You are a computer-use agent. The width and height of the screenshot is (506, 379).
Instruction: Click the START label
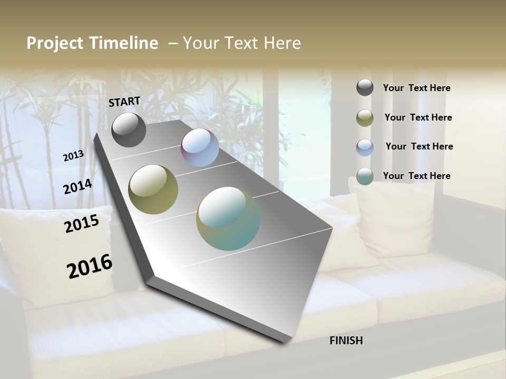[x=124, y=102]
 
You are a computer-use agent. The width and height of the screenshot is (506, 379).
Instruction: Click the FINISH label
[x=346, y=341]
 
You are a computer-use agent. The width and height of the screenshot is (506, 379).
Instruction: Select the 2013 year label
[x=73, y=156]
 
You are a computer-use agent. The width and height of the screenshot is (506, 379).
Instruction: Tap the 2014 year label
[x=77, y=187]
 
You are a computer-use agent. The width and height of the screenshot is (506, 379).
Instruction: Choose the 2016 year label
[x=90, y=266]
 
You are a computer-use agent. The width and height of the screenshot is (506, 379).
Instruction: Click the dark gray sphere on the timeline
[x=129, y=129]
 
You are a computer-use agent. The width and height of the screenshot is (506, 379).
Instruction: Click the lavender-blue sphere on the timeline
[x=200, y=148]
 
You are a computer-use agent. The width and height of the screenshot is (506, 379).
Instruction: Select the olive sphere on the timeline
[x=153, y=189]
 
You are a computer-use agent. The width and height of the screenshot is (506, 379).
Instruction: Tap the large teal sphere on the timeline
[x=228, y=218]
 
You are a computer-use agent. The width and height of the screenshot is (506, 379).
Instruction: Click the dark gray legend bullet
[x=365, y=88]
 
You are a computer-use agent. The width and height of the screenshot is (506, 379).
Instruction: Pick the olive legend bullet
[x=365, y=118]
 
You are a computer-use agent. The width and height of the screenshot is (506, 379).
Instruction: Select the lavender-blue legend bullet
[x=365, y=147]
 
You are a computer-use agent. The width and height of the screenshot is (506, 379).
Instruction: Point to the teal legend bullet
[x=365, y=177]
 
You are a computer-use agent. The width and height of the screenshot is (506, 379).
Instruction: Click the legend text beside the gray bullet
[x=416, y=88]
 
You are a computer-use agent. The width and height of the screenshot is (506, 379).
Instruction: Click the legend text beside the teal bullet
[x=416, y=176]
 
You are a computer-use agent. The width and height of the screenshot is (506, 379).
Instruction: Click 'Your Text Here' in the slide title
[x=242, y=43]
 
